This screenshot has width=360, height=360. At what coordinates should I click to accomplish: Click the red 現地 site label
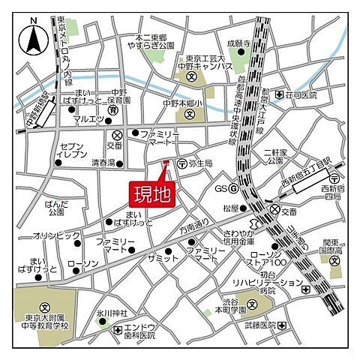click(152, 194)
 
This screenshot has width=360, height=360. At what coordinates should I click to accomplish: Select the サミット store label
click(163, 257)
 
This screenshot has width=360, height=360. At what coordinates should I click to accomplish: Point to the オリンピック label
click(51, 235)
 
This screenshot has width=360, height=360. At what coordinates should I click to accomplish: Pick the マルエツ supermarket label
click(88, 118)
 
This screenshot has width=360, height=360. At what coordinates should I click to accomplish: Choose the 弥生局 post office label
click(200, 163)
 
